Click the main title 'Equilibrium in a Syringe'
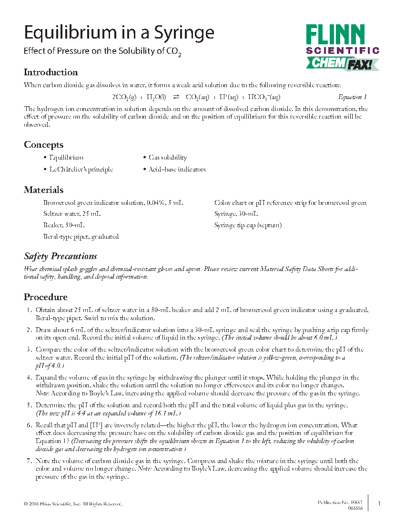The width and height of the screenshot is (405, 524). coord(119,33)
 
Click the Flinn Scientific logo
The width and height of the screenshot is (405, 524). coord(342,48)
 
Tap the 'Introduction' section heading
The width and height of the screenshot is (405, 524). coord(51,72)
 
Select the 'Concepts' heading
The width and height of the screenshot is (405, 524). coord(43,145)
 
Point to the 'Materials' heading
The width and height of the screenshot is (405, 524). coord(43,190)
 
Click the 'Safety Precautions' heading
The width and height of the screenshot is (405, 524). coord(61,256)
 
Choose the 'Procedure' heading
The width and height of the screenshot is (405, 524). coord(46,297)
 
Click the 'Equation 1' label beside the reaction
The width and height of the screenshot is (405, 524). coord(353,97)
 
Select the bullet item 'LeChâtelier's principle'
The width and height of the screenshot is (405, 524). coord(81,170)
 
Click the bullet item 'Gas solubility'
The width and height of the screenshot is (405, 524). coord(168,158)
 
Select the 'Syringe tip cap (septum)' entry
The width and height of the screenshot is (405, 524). coord(248,225)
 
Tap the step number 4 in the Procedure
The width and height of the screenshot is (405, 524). coord(29,378)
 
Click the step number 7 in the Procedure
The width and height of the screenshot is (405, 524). coord(29,461)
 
